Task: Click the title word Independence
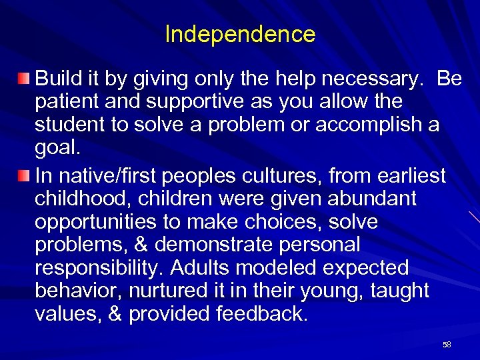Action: (240, 34)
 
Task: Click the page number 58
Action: (447, 345)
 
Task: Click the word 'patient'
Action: (67, 103)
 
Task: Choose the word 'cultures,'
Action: (285, 176)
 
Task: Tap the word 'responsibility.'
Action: (99, 268)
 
